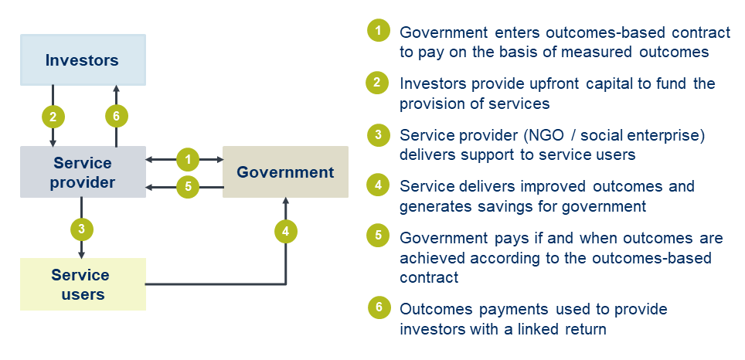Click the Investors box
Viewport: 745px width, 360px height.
[82, 59]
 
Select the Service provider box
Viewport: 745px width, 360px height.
[82, 172]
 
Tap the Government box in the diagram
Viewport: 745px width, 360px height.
[285, 172]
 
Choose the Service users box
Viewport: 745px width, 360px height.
[82, 284]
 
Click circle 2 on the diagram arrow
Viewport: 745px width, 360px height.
[53, 117]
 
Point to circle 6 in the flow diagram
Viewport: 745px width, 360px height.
[116, 117]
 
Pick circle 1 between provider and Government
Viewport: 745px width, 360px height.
[188, 160]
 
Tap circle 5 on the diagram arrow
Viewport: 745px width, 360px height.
[188, 186]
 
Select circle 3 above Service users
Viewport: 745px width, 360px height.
[81, 229]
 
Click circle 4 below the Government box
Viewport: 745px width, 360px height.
[286, 230]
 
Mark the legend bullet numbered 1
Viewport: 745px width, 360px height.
[378, 32]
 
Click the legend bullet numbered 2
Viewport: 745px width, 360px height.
[378, 83]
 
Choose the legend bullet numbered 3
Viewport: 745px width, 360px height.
[378, 134]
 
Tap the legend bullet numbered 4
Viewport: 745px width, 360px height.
[378, 185]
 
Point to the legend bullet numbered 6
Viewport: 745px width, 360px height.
[378, 308]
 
